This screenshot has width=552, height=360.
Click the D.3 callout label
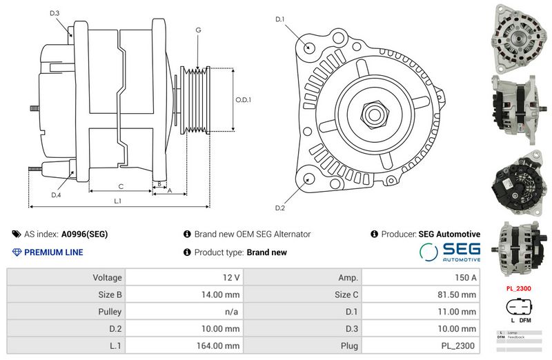click(55, 13)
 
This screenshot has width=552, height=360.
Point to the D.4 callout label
click(56, 195)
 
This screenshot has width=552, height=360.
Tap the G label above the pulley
click(198, 30)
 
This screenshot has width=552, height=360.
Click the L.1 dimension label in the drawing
click(117, 201)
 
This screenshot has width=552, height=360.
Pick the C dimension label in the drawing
click(121, 186)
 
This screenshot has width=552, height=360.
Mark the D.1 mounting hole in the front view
click(309, 48)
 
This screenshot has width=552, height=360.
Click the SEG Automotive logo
click(450, 251)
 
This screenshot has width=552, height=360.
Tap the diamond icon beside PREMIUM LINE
click(17, 252)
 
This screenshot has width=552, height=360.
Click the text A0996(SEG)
click(84, 234)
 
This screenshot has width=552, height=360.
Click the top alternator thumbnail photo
click(519, 34)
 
